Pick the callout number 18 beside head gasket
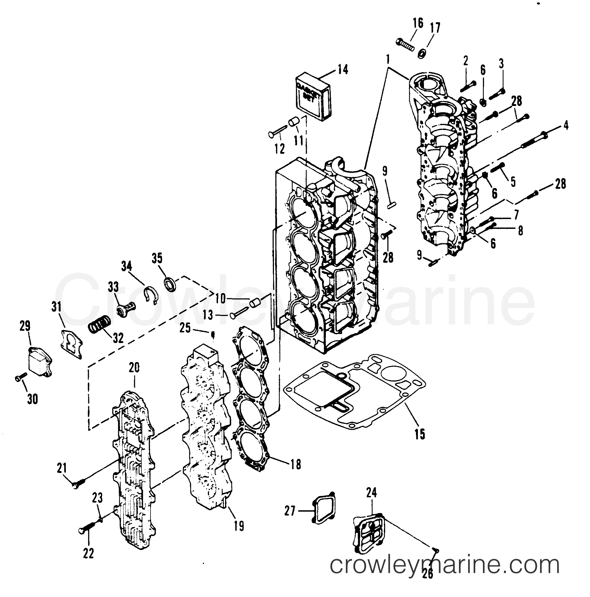(296, 473)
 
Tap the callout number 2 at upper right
(466, 61)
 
